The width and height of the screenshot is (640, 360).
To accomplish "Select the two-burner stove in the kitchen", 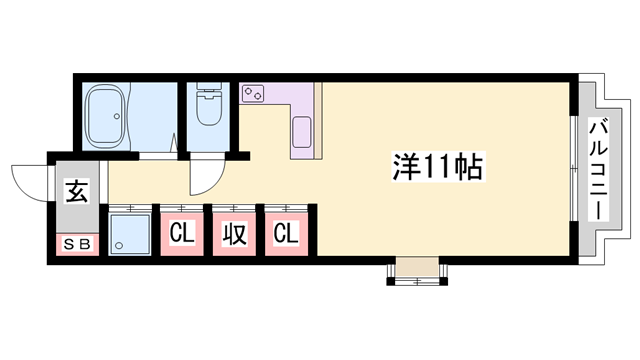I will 253,94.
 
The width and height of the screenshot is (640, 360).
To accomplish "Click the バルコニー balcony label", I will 601,169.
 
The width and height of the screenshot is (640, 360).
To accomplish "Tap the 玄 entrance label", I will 76,190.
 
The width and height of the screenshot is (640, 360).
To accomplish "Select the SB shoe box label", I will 76,244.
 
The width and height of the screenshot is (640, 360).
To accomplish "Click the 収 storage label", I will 234,234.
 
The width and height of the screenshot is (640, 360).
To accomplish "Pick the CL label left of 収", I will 181,234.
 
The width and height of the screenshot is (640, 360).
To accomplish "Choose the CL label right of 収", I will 286,234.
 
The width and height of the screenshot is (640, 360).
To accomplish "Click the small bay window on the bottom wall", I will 414,270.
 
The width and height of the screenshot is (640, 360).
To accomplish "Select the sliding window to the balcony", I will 573,170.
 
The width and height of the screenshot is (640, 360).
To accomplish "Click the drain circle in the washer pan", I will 119,245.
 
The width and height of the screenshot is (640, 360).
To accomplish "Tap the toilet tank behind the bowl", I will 209,91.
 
